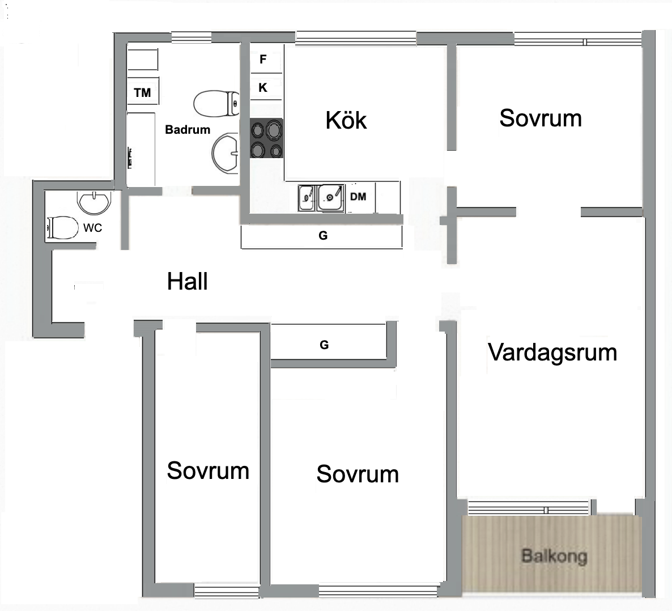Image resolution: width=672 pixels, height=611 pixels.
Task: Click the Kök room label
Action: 346,120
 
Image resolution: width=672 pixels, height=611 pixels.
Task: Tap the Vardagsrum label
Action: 552,353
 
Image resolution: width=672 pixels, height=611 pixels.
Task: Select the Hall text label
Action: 188,282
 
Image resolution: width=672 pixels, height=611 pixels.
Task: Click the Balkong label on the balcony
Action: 554,556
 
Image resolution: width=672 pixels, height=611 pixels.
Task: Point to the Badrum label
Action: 188,130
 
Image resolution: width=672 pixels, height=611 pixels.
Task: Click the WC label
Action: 93,228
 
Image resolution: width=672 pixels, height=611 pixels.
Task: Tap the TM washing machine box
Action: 142,92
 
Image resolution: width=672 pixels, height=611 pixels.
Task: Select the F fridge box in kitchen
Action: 263,60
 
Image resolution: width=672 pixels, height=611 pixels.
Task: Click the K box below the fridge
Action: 263,88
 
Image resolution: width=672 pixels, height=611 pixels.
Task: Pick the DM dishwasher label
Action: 358,197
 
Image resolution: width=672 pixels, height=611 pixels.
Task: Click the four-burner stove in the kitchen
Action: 266,139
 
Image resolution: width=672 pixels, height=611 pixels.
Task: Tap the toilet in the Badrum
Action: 216,104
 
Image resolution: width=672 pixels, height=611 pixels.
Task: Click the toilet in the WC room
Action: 62,228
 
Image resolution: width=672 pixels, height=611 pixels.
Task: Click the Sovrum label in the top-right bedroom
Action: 541,118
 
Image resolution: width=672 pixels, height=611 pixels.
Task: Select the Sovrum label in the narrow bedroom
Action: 208,471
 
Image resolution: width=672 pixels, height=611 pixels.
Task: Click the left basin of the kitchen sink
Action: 307,197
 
